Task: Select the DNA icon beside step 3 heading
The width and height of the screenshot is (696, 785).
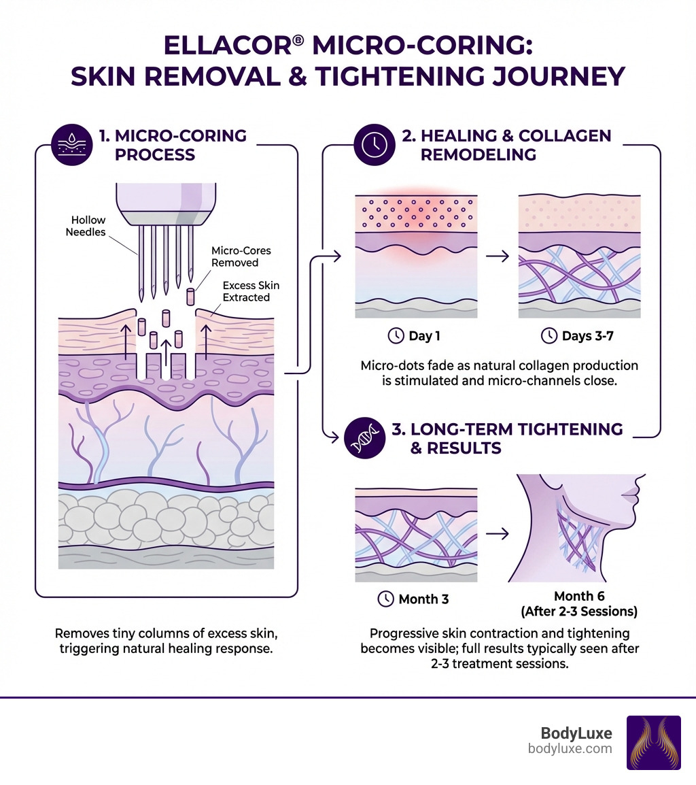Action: click(x=364, y=437)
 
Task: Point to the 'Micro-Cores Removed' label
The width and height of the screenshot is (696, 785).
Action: click(x=235, y=256)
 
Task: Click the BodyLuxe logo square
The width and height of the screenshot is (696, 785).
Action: click(x=652, y=742)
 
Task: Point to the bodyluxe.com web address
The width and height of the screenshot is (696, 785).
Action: click(x=570, y=749)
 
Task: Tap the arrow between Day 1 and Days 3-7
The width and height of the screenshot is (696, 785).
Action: click(x=499, y=257)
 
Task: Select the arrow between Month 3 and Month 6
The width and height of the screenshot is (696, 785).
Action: click(x=499, y=533)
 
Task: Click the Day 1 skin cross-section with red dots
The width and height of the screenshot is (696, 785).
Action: click(x=416, y=257)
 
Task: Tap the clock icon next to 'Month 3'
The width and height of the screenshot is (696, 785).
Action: click(x=385, y=599)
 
